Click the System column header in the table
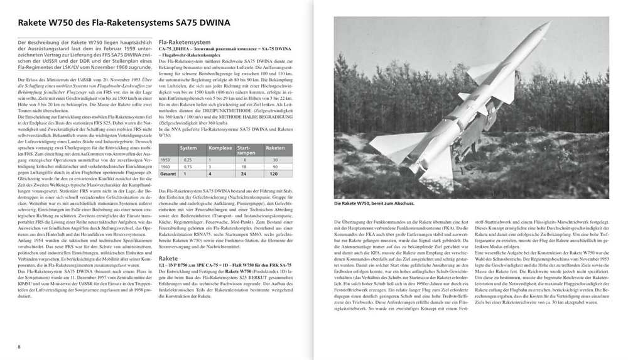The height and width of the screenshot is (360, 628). click(x=188, y=148)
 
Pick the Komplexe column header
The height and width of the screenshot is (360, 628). click(x=220, y=148)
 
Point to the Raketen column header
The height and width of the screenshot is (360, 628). click(x=275, y=148)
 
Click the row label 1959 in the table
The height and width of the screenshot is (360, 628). click(x=165, y=160)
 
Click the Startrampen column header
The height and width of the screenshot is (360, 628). click(x=245, y=148)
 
